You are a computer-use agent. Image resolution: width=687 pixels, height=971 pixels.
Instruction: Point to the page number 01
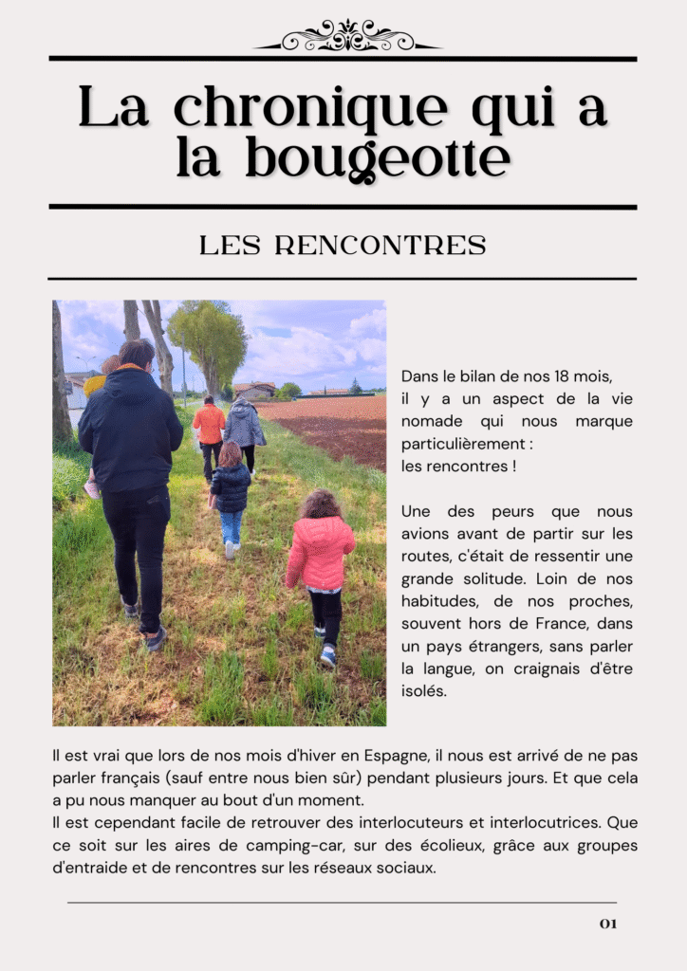click(x=607, y=924)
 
